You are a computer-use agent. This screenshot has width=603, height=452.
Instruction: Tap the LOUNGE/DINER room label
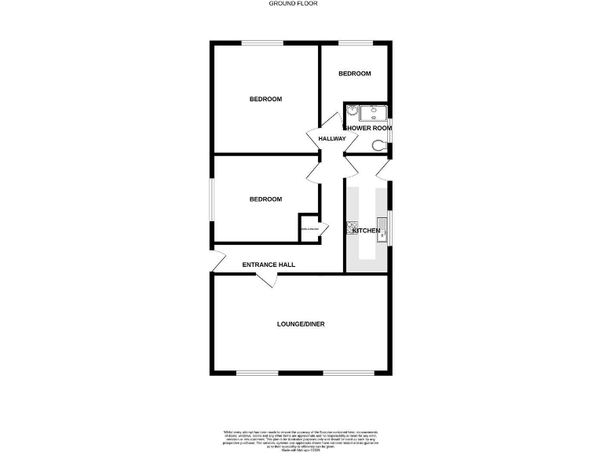tap(301, 323)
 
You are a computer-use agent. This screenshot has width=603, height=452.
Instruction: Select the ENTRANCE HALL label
tap(269, 265)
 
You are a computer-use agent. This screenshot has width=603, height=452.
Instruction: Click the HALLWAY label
tap(332, 139)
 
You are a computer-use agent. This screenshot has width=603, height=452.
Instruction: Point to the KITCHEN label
tap(366, 231)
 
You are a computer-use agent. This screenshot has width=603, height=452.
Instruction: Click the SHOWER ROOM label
tap(367, 128)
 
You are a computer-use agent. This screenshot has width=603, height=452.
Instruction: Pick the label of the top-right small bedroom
tap(354, 74)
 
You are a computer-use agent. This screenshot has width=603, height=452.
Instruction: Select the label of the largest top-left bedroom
tap(265, 99)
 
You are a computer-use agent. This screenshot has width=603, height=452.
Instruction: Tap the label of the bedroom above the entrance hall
tap(265, 199)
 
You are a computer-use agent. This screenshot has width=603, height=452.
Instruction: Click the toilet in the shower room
tap(380, 144)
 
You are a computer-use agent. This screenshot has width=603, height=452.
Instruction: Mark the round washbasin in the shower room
tap(350, 111)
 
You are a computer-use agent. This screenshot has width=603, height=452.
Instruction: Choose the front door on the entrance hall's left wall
tap(218, 259)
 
